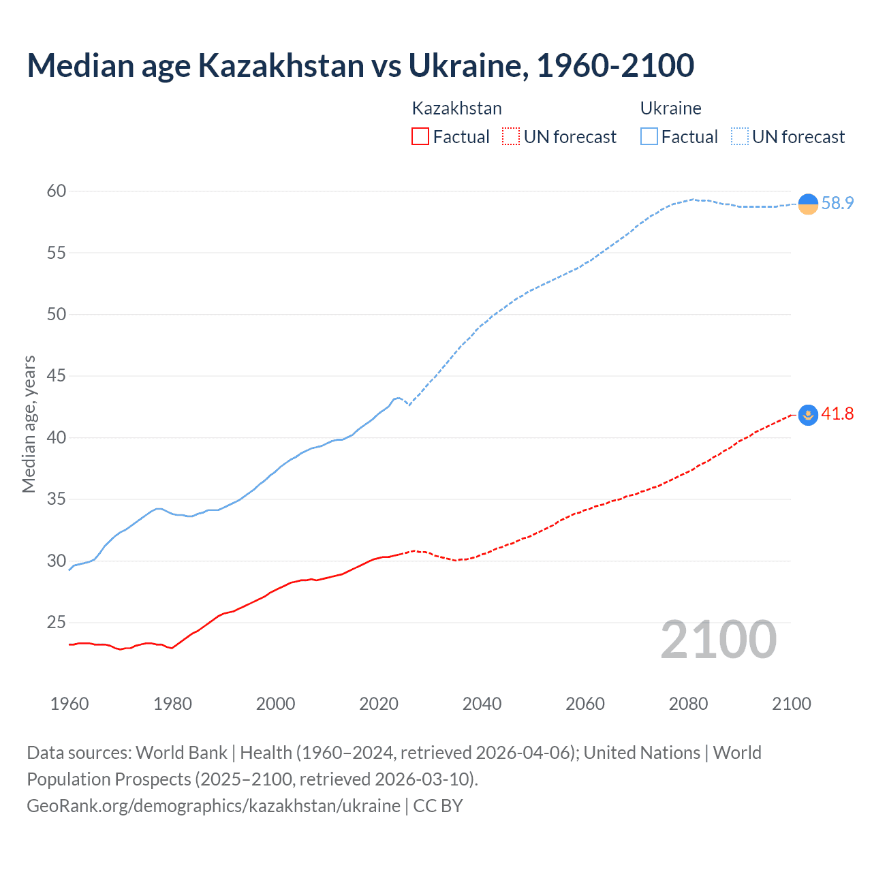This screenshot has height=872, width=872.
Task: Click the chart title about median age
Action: [360, 65]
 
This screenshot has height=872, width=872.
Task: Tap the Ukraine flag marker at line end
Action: [808, 204]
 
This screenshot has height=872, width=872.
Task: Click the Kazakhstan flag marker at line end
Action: [808, 415]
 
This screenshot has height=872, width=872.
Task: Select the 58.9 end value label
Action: [837, 203]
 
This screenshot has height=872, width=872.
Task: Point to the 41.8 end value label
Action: [837, 414]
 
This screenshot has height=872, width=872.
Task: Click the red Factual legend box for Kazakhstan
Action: [420, 137]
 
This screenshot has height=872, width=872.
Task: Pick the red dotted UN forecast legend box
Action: [511, 137]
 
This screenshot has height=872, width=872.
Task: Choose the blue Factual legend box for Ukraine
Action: [649, 137]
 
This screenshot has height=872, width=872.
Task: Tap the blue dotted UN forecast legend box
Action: [740, 137]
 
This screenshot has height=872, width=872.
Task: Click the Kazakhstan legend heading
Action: [456, 108]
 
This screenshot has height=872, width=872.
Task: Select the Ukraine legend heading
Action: [670, 108]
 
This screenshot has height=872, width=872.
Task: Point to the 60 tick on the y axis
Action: [57, 191]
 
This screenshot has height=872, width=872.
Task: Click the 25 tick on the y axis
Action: [57, 623]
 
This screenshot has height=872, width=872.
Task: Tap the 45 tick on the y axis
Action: [57, 376]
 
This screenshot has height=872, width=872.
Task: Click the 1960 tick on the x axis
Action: [69, 704]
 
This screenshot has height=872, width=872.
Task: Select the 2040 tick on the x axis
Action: [482, 704]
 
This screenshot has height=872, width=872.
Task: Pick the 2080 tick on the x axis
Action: [688, 704]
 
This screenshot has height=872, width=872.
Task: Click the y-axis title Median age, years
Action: [29, 424]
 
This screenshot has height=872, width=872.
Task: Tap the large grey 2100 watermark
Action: [718, 640]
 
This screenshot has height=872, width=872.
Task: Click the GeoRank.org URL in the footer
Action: [213, 806]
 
